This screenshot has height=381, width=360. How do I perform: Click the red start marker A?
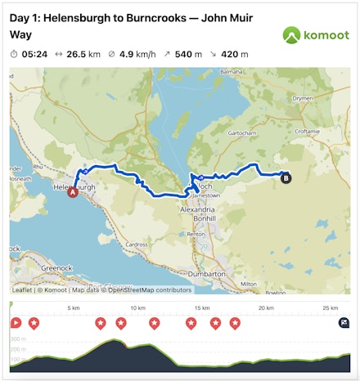click(72, 193)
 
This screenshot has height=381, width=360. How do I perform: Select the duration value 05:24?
click(34, 54)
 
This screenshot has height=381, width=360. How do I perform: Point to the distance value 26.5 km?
click(83, 54)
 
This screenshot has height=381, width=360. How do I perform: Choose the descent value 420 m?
click(234, 54)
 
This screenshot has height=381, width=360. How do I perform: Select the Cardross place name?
click(136, 244)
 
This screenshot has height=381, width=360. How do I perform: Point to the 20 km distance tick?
click(264, 308)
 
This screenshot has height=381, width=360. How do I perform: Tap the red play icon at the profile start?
click(16, 323)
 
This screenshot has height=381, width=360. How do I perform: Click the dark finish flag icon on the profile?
click(344, 323)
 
